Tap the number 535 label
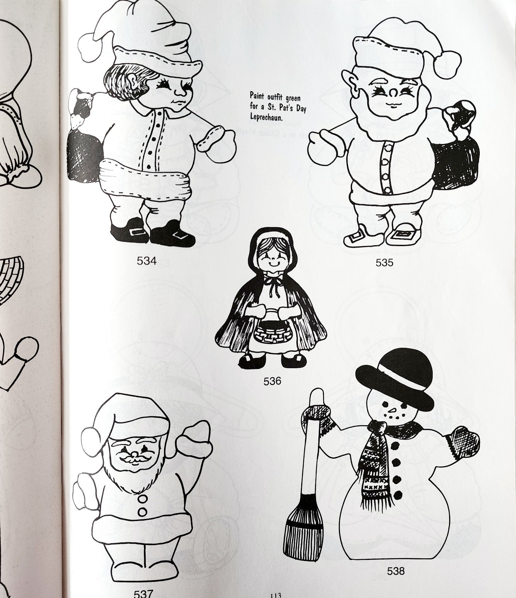(384, 262)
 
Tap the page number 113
(275, 595)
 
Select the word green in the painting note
(293, 98)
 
